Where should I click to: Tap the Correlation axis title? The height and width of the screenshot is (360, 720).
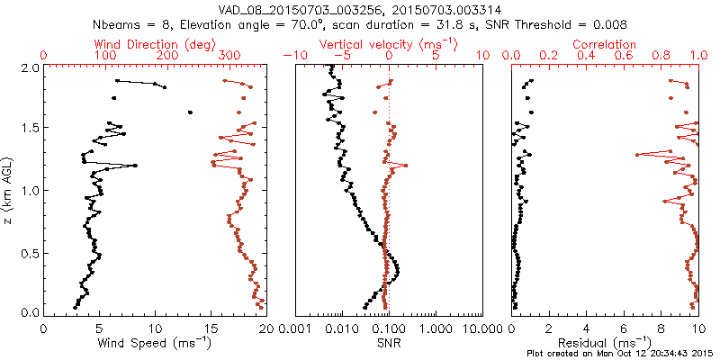click(606, 44)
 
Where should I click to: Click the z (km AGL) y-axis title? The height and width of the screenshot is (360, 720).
click(8, 190)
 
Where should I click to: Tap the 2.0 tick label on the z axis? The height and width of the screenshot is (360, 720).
click(30, 67)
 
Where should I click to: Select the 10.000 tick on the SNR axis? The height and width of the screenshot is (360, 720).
click(481, 329)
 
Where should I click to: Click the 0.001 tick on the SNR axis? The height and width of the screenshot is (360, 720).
click(297, 329)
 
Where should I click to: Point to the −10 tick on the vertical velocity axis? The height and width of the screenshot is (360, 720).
click(291, 56)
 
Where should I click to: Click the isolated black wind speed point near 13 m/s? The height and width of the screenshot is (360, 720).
click(190, 112)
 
